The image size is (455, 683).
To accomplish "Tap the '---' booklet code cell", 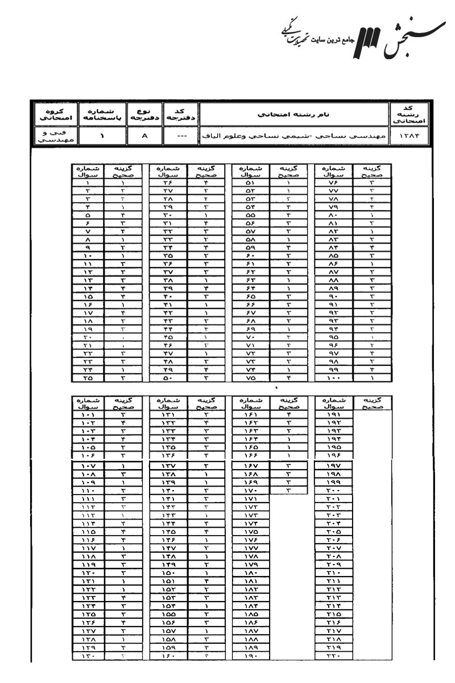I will point(180,137).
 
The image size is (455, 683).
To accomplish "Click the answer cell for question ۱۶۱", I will point(289,415).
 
